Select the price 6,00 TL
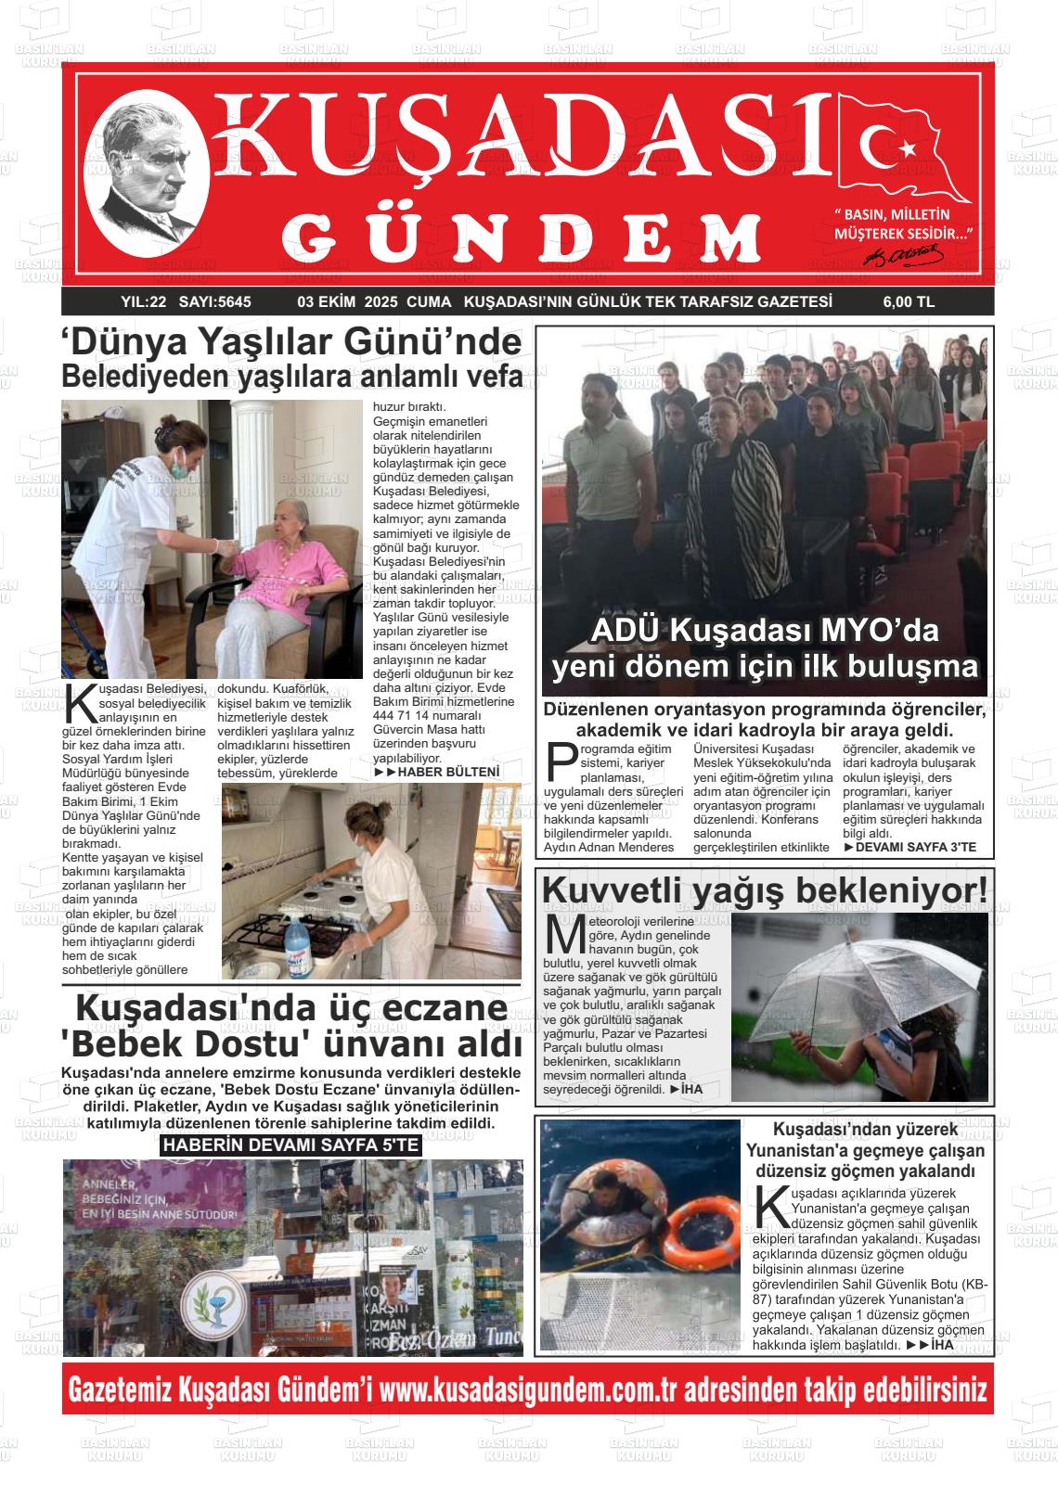pyautogui.click(x=909, y=301)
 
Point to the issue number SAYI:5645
pyautogui.click(x=214, y=301)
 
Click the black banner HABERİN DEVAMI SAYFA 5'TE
pyautogui.click(x=290, y=1145)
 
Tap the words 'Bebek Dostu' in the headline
pyautogui.click(x=185, y=1043)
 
